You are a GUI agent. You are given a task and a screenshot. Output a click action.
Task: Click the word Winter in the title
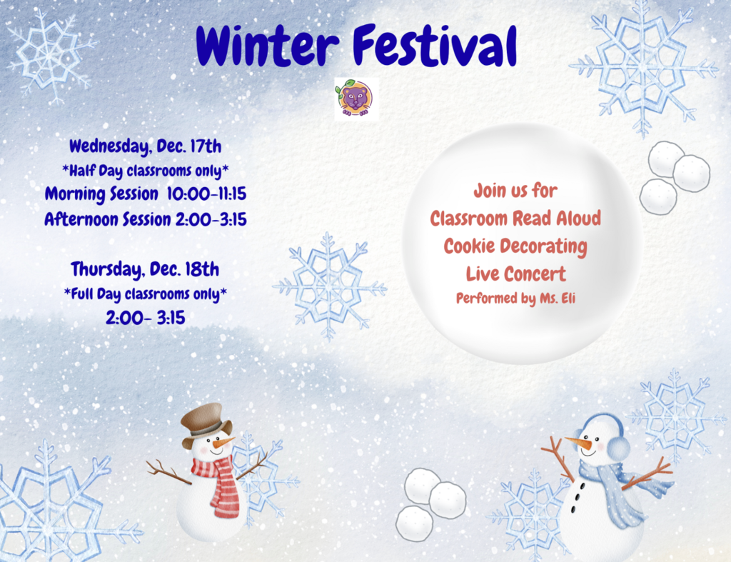point(267,45)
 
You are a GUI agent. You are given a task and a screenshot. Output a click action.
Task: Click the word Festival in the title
point(435,45)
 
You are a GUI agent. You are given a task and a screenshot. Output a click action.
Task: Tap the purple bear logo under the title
point(357,99)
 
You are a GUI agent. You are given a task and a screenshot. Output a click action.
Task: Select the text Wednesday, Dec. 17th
point(146,146)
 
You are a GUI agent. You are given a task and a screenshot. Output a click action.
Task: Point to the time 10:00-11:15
point(206,194)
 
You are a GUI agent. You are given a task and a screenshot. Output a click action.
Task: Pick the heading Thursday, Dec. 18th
point(145,269)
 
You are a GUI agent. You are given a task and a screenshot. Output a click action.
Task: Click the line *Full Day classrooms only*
point(146,294)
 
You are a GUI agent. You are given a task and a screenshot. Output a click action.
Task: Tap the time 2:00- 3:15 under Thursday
point(146,318)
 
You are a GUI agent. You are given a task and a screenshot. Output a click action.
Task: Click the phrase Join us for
point(515,191)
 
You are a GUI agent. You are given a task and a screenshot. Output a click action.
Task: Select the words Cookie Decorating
point(515,246)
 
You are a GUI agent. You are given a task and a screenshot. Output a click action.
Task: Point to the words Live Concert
point(516,274)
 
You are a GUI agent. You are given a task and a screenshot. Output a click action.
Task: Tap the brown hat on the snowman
point(206,422)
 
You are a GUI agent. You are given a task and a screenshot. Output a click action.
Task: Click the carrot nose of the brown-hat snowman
point(224,441)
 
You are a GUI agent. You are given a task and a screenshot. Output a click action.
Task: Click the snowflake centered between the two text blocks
point(329,286)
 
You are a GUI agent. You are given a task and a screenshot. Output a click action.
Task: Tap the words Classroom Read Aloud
point(515,219)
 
